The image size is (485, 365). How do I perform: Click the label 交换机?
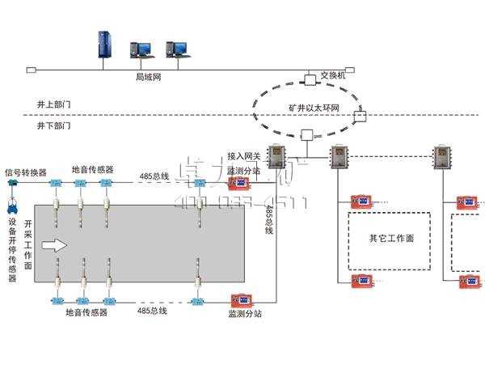point(333,74)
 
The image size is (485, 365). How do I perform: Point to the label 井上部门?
point(54,105)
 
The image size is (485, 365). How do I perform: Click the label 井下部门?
point(54,126)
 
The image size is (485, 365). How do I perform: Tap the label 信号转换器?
point(26,172)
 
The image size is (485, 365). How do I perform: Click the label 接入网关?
point(244,155)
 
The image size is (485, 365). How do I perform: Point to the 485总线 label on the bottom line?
point(152,310)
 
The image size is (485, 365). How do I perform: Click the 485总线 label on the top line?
point(154,176)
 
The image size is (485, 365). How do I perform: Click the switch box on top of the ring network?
point(310,79)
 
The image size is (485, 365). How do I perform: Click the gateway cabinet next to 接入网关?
point(273,155)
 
